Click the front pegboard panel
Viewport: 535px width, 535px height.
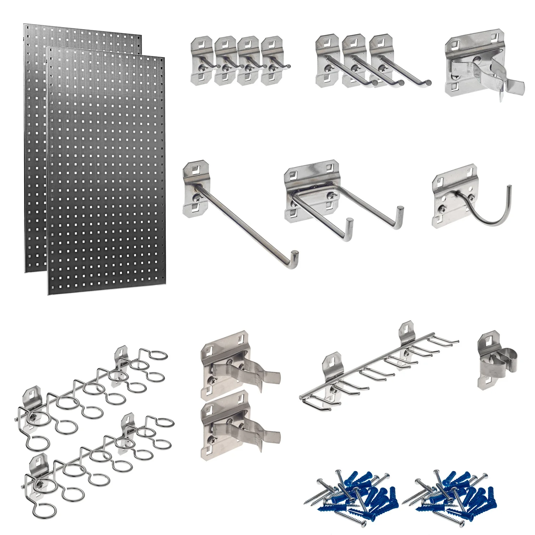coord(107,171)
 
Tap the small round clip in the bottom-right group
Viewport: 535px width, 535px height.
coord(498,360)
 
